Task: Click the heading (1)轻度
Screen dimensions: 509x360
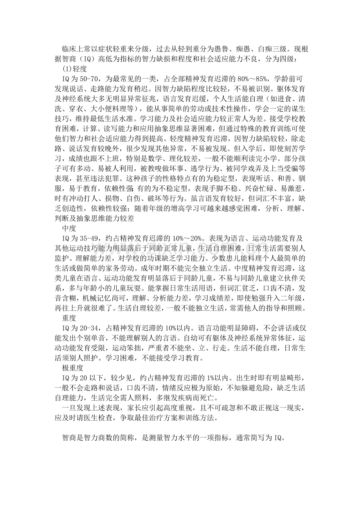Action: [x=74, y=68]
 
